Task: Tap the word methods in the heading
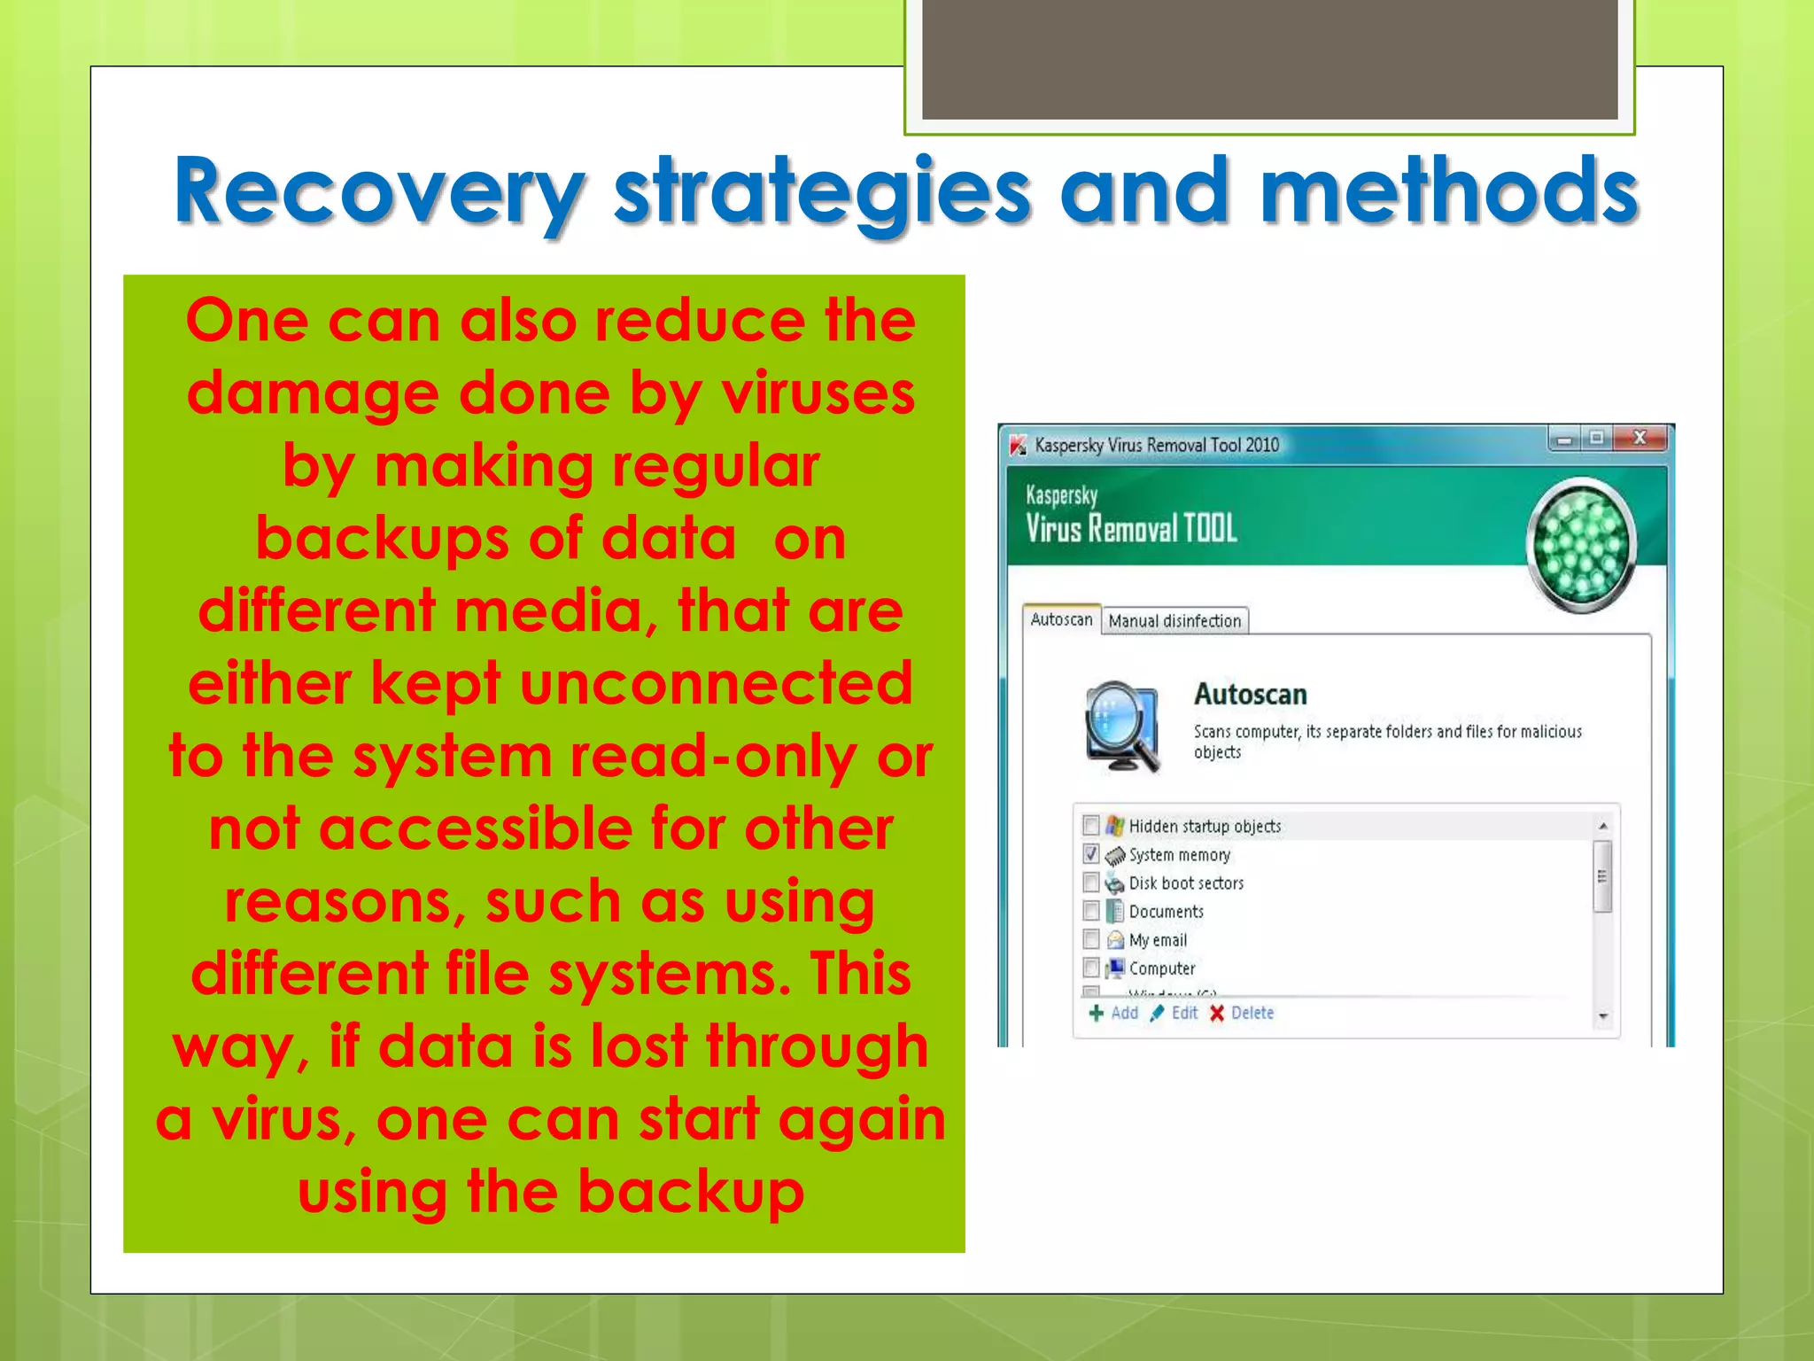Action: tap(1449, 191)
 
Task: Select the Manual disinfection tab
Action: tap(1174, 621)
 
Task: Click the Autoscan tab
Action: tap(1061, 619)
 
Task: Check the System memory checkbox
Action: tap(1091, 854)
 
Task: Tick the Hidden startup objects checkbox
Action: tap(1091, 826)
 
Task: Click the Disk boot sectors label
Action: tap(1185, 883)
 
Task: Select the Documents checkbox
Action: tap(1091, 911)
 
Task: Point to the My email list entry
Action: tap(1157, 940)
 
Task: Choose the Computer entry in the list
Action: tap(1161, 968)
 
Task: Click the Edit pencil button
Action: tap(1174, 1013)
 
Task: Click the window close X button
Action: tap(1640, 438)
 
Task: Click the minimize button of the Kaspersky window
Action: tap(1564, 439)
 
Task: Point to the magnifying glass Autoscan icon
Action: tap(1121, 726)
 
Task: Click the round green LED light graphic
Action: tap(1582, 545)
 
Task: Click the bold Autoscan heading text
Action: tap(1250, 695)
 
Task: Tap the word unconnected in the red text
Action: tap(716, 683)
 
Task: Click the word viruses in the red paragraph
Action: tap(818, 393)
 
